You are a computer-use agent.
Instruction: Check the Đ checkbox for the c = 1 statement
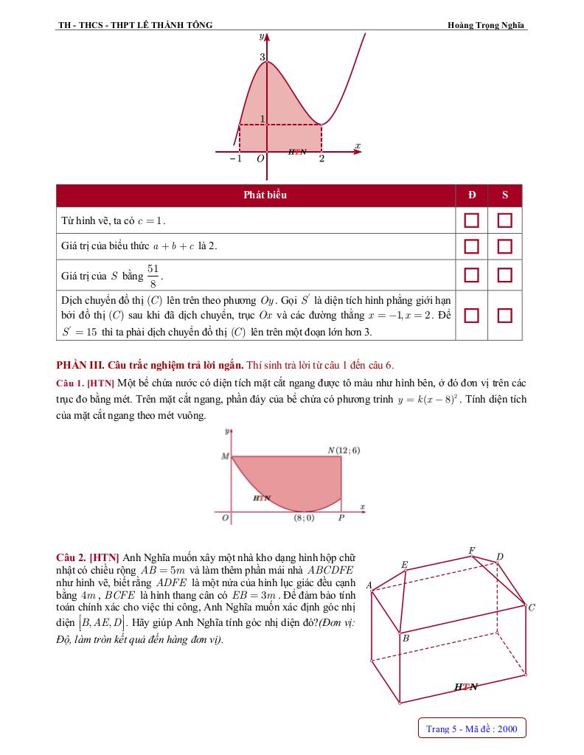coord(471,220)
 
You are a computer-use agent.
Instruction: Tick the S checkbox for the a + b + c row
coord(504,246)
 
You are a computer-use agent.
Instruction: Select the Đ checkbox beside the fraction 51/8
coord(471,275)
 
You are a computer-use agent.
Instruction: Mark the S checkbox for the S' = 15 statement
coord(504,315)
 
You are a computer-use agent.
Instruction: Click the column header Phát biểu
coord(265,195)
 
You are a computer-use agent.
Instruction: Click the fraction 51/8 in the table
coord(153,275)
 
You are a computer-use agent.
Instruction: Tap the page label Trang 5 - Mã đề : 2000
coord(472,729)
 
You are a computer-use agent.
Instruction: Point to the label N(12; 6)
coord(344,450)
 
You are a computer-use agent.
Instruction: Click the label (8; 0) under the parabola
coord(304,518)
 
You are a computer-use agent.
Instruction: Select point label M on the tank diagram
coord(225,457)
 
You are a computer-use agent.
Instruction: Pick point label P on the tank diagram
coord(341,518)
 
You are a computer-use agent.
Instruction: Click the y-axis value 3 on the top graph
coord(262,57)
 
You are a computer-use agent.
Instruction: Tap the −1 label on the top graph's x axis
coord(235,159)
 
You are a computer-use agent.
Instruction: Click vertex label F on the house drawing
coord(472,550)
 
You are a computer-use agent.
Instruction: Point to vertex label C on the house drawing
coord(532,608)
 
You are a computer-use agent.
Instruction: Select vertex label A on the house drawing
coord(369,585)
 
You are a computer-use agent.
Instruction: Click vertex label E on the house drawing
coord(404,564)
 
